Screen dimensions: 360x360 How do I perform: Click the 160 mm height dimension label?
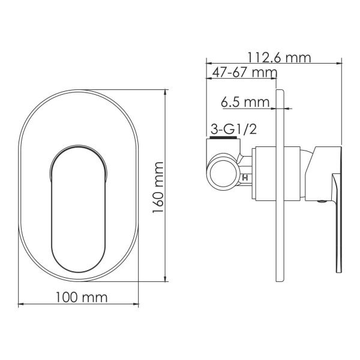pyautogui.click(x=158, y=187)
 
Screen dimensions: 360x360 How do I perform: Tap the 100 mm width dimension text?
pyautogui.click(x=82, y=298)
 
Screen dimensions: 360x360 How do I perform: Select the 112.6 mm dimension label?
pyautogui.click(x=279, y=58)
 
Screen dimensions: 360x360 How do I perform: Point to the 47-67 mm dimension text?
pyautogui.click(x=245, y=73)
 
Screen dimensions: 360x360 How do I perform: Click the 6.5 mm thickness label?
pyautogui.click(x=245, y=102)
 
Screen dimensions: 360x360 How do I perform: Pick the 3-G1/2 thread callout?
pyautogui.click(x=233, y=130)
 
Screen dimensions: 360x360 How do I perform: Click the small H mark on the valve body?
pyautogui.click(x=245, y=178)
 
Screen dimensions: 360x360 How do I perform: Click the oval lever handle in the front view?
pyautogui.click(x=78, y=209)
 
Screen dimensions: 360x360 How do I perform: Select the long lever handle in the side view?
pyautogui.click(x=337, y=223)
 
